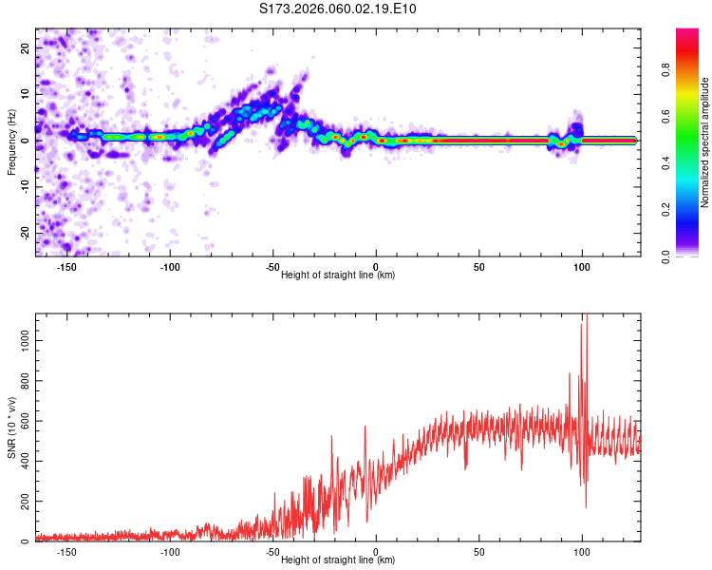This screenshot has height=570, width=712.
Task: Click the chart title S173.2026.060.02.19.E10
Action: click(x=338, y=9)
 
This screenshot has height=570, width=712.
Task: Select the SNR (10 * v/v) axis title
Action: click(x=11, y=427)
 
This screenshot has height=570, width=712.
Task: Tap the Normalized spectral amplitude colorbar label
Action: click(x=705, y=142)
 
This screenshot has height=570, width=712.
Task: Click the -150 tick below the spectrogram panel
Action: click(x=66, y=266)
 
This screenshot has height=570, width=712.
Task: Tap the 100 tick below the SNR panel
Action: click(x=582, y=552)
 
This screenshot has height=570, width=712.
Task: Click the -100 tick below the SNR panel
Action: click(x=170, y=552)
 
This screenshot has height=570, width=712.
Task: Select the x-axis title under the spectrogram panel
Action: click(x=338, y=275)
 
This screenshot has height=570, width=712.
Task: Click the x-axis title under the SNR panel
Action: click(x=338, y=561)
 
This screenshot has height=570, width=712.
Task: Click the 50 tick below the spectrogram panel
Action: click(x=479, y=266)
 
